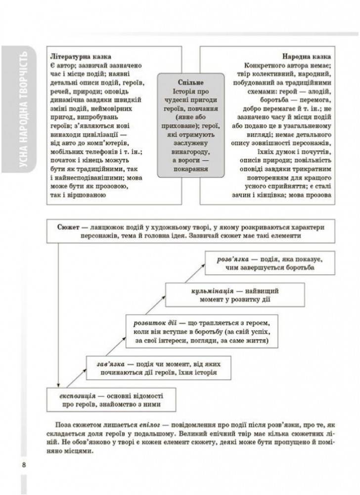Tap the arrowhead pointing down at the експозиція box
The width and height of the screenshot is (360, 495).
click(x=58, y=386)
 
